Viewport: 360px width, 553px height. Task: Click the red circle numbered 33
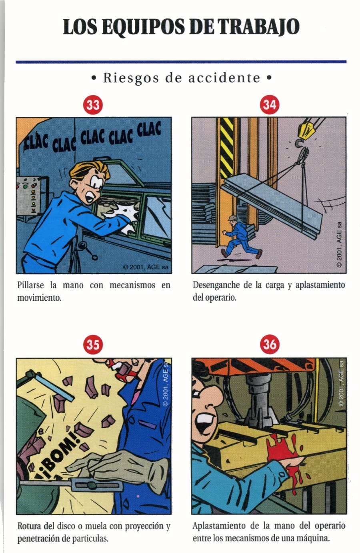click(93, 105)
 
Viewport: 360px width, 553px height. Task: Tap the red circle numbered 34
click(269, 104)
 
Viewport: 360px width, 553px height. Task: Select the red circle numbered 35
click(93, 344)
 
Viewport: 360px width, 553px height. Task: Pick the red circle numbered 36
click(270, 344)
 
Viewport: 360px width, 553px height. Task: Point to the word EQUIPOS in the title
click(143, 27)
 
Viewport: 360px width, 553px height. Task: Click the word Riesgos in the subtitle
click(131, 78)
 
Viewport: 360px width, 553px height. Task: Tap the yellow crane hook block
click(309, 128)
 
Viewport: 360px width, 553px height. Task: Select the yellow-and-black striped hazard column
click(226, 148)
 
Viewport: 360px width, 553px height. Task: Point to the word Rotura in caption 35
click(30, 526)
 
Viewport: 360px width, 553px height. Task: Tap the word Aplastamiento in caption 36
click(219, 526)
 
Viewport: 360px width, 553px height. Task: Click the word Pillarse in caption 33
click(30, 285)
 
